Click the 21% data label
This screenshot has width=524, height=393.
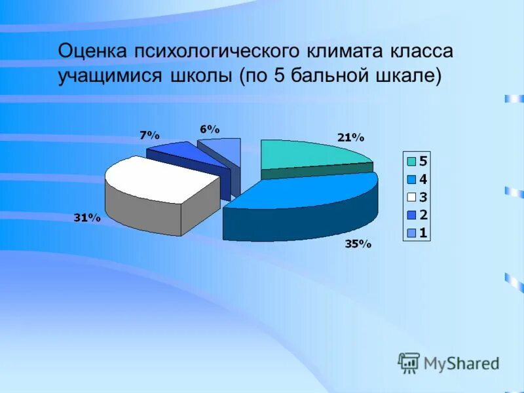click(350, 138)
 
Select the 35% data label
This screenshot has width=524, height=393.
click(358, 244)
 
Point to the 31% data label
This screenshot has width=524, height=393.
click(86, 218)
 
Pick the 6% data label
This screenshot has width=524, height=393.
click(209, 129)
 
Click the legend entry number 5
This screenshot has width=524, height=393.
click(423, 161)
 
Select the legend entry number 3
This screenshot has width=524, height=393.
click(423, 196)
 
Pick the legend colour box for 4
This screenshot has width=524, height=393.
click(411, 179)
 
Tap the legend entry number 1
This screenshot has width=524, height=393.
click(423, 232)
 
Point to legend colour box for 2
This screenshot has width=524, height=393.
click(411, 214)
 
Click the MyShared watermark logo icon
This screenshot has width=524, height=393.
click(409, 362)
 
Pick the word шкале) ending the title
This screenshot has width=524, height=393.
click(407, 77)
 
